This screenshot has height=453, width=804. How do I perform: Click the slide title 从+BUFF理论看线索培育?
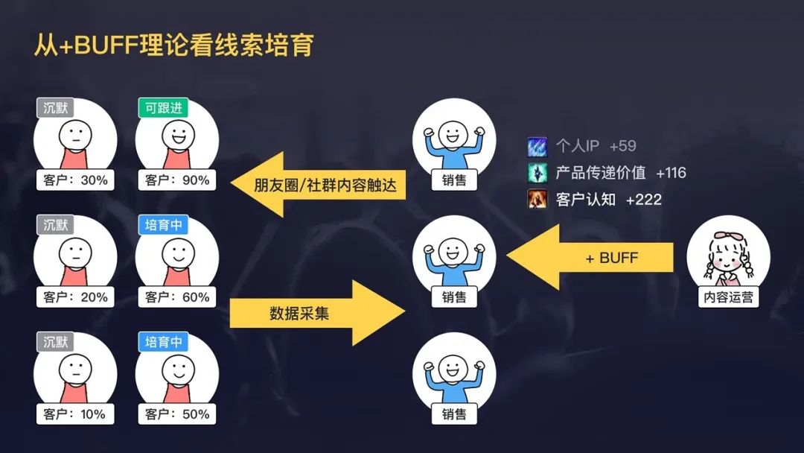tap(173, 45)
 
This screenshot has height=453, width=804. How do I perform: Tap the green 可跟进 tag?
tap(164, 108)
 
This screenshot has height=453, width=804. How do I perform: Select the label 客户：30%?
tap(75, 180)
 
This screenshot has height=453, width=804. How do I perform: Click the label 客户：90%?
tap(177, 180)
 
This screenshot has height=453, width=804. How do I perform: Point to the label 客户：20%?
tap(75, 297)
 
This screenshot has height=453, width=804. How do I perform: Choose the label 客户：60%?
tap(177, 297)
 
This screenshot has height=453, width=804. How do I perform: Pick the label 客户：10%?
tap(75, 414)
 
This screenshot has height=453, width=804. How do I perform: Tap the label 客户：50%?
tap(177, 414)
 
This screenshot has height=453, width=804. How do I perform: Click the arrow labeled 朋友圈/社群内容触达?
tap(318, 184)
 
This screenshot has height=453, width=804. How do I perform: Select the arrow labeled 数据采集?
tap(317, 313)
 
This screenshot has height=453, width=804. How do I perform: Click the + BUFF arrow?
tap(590, 257)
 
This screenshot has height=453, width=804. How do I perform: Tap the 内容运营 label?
tap(728, 297)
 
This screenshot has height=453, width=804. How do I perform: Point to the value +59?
tap(622, 146)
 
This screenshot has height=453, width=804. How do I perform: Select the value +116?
tap(671, 173)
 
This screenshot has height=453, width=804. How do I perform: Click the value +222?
tap(644, 200)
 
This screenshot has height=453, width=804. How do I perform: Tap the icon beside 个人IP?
tap(537, 147)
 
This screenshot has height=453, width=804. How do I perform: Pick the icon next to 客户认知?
tap(537, 199)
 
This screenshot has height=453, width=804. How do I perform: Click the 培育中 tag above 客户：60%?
tap(164, 225)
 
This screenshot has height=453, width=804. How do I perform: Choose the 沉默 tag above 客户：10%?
tap(55, 342)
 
